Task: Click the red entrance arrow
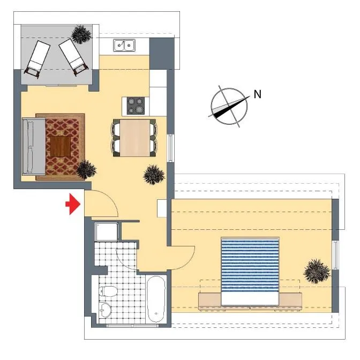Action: coord(73,204)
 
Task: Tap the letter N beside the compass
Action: coord(258,94)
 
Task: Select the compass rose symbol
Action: coord(229,106)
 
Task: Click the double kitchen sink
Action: coord(124,45)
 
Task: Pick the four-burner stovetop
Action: coord(136,106)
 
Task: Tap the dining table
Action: coord(135,138)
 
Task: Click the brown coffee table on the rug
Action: coord(61,146)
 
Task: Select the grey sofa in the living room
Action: coord(34,146)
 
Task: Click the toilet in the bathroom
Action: coord(108,291)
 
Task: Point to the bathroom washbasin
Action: coord(105,310)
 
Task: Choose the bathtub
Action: coord(156,299)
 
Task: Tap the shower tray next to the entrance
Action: coord(107,231)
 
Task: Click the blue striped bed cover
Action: coord(250,265)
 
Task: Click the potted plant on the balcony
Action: coord(81,34)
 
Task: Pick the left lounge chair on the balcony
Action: coord(38,58)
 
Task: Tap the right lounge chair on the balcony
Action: coord(73,56)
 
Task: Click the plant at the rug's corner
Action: coord(86,169)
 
